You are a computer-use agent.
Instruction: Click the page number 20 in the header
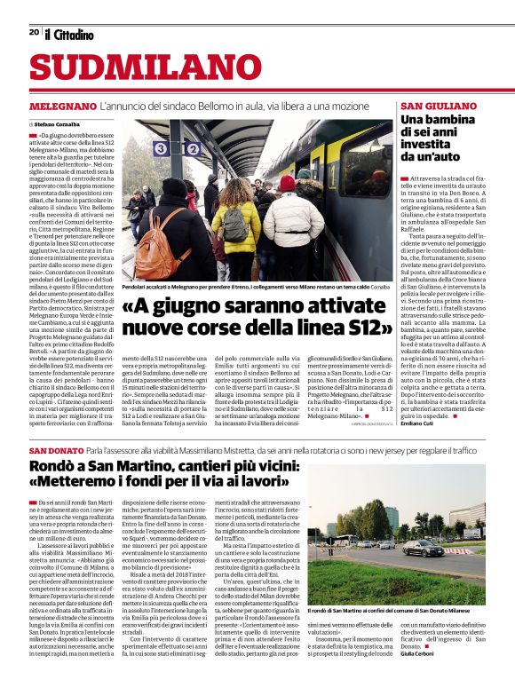pos(34,32)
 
